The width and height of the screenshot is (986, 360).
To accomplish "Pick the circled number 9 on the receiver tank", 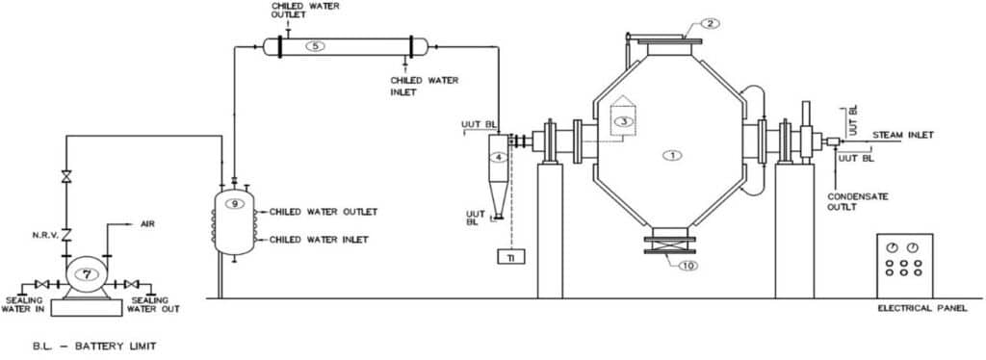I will [x=231, y=203].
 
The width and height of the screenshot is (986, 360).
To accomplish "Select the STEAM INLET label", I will [x=902, y=135].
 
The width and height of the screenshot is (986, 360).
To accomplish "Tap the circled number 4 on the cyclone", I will [x=499, y=157].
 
